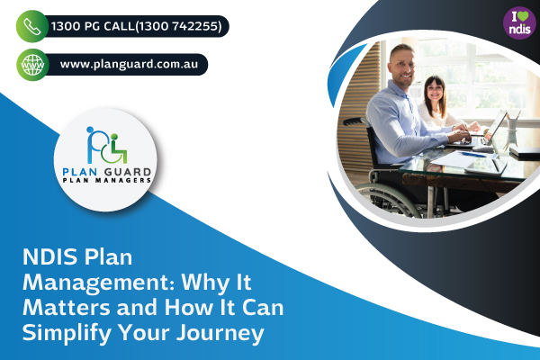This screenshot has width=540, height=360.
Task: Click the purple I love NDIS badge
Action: point(517,18)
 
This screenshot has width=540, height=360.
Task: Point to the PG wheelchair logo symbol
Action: point(106,141)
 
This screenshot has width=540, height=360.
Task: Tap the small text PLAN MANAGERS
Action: point(106,180)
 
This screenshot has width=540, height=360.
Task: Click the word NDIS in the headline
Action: point(47,259)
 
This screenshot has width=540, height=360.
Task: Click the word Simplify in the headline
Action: point(58,332)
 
